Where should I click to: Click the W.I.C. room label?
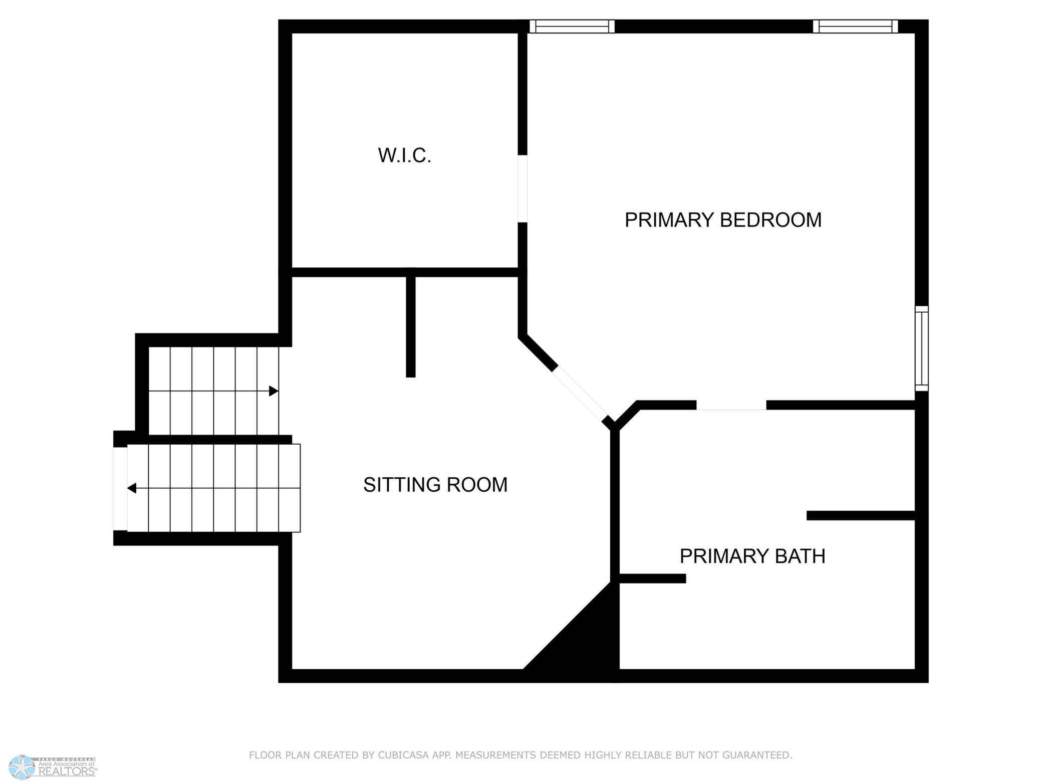coord(404,155)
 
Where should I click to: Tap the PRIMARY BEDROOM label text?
coord(723,220)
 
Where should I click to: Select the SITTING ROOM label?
coord(435,485)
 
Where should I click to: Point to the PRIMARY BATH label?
coord(752,556)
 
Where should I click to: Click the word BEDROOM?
coord(771,220)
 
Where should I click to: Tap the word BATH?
coord(800,556)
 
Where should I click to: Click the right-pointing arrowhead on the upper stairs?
coord(274,391)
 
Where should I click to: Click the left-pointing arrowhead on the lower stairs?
coord(132,488)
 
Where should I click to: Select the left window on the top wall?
coord(572,26)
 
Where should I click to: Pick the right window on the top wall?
coord(855,26)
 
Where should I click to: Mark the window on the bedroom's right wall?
coord(922,348)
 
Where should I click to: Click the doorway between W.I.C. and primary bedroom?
coord(523,188)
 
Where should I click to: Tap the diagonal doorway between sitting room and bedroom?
coord(580,394)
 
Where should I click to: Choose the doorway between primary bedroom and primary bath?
coord(731,405)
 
